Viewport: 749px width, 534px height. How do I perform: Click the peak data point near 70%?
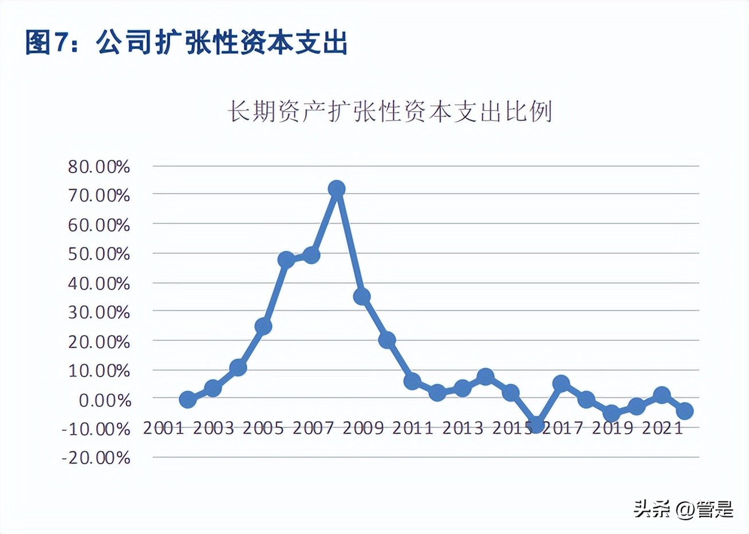[337, 189]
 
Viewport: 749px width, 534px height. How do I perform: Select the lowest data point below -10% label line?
[537, 425]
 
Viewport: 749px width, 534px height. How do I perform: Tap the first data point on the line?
[187, 399]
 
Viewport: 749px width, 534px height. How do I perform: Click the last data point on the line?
[685, 411]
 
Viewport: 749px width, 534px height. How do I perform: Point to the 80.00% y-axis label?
[99, 167]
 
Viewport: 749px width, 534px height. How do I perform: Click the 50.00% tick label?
[99, 254]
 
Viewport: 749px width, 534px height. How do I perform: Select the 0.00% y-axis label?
[104, 400]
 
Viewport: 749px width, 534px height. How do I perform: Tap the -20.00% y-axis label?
[96, 458]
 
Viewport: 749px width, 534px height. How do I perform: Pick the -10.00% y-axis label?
[96, 429]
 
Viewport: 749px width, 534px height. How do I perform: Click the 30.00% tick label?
[99, 312]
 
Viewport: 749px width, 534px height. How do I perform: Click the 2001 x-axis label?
[163, 428]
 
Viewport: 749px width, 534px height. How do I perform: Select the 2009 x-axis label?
[362, 428]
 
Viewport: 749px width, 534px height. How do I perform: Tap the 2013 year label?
[462, 428]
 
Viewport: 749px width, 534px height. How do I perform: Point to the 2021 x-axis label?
[662, 428]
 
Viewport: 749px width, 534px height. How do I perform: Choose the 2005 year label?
[263, 428]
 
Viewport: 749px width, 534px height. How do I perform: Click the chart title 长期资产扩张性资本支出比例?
[390, 111]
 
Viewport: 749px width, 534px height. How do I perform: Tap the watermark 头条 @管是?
[683, 509]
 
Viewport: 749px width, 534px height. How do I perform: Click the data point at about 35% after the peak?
[361, 296]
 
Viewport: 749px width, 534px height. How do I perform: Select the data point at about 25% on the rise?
[263, 326]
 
